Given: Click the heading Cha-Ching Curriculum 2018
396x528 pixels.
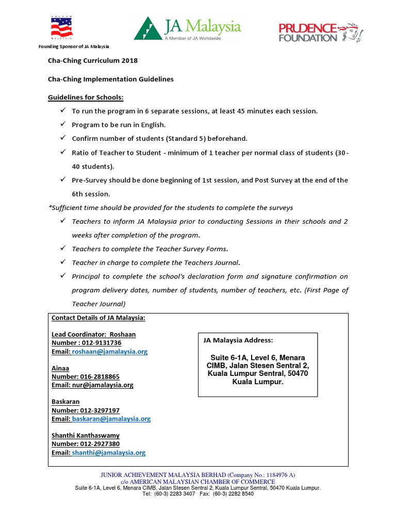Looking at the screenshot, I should click(93, 60).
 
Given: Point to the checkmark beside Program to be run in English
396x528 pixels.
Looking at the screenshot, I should click(62, 124).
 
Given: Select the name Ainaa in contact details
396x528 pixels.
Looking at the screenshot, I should click(60, 368).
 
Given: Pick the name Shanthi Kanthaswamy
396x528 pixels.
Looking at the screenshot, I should click(85, 436).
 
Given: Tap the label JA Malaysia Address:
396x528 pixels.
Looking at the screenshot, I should click(238, 340).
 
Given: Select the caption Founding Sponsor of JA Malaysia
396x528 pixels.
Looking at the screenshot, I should click(74, 46).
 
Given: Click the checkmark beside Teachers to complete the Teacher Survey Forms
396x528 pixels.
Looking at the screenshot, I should click(62, 248).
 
